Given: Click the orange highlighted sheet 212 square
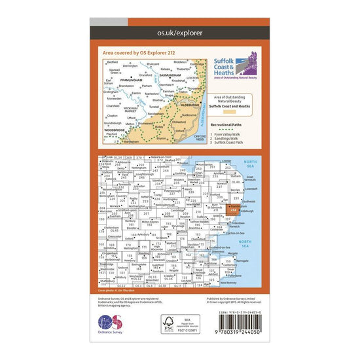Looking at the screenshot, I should (233, 209).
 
